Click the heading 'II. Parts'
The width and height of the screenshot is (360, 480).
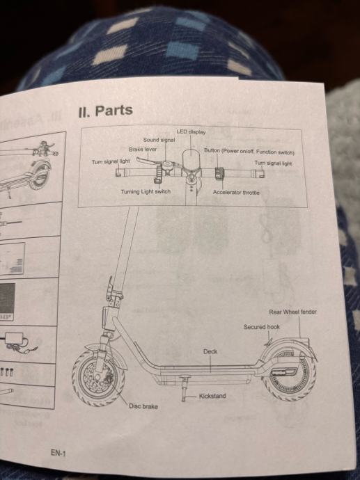(x=106, y=111)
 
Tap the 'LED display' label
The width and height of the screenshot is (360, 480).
(x=191, y=132)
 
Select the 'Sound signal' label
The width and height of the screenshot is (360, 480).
(x=159, y=140)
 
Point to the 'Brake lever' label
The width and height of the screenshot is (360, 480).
(x=143, y=150)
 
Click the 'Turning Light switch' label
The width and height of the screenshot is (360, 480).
(x=146, y=191)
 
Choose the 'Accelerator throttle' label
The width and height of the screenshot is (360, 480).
(x=236, y=193)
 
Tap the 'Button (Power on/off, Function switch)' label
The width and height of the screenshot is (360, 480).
(x=249, y=152)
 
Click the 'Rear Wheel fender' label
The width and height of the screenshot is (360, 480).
(x=293, y=312)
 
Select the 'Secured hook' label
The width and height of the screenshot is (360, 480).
(x=262, y=327)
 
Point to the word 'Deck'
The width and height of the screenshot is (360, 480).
(x=210, y=352)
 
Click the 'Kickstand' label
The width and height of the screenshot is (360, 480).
(x=212, y=396)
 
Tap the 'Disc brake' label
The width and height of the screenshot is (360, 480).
(x=143, y=406)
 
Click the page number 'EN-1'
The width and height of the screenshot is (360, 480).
(x=58, y=453)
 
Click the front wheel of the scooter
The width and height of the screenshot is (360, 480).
(x=98, y=378)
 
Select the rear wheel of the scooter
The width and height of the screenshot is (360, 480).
(x=289, y=375)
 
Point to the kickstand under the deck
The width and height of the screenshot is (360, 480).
(x=185, y=388)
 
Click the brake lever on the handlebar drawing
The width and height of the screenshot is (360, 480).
(x=150, y=161)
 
